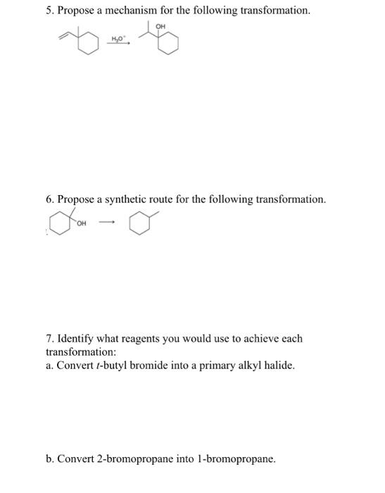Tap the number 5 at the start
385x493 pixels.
49,11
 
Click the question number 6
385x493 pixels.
49,199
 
